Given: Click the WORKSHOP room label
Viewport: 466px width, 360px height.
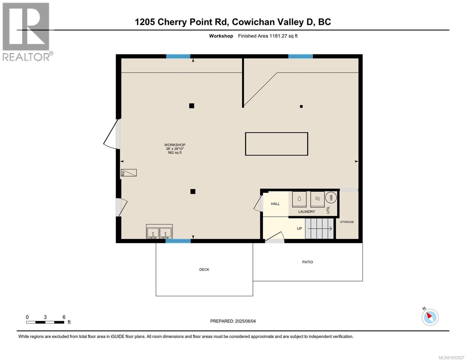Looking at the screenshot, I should coord(175,145).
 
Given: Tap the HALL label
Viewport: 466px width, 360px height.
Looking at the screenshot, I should coord(275,204).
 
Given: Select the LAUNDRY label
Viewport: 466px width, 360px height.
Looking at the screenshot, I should coord(306,212).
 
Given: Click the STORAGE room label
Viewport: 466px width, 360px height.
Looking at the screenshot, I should coord(347,222).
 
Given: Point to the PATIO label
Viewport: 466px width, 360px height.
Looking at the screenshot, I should coord(307,262).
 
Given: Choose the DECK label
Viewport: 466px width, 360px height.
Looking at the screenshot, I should coord(204,270).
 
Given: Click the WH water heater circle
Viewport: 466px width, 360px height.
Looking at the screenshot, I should coord(331,197).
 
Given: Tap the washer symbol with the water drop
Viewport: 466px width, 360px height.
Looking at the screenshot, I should coord(299,199).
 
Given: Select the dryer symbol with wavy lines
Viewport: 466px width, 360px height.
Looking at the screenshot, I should coord(317,199).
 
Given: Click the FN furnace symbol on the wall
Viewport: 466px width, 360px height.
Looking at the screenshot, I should coord(129,173).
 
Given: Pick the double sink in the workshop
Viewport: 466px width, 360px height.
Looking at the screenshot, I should coord(159,232).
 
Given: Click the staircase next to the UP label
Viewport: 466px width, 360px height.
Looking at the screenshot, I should coord(319,229).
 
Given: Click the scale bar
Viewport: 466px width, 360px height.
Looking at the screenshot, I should coord(45,322).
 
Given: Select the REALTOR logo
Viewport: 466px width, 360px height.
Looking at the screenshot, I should coord(27,31).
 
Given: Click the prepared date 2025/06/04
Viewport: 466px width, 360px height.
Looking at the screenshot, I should coord(233,321).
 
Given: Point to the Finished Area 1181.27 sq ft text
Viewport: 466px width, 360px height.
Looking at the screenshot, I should coord(268,36).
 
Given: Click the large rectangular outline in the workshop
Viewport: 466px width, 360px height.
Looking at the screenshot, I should coord(276,144).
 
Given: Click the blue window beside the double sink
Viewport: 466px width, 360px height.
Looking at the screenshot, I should coord(178,241).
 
